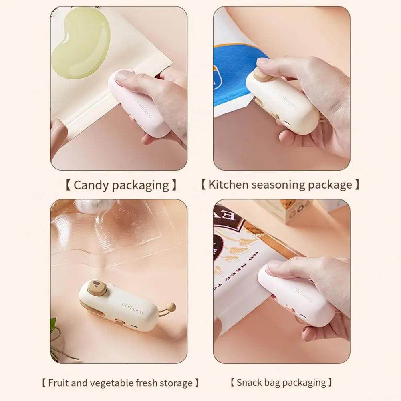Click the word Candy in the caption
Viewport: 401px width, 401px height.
pos(91,185)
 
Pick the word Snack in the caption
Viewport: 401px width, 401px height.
pos(250,382)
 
